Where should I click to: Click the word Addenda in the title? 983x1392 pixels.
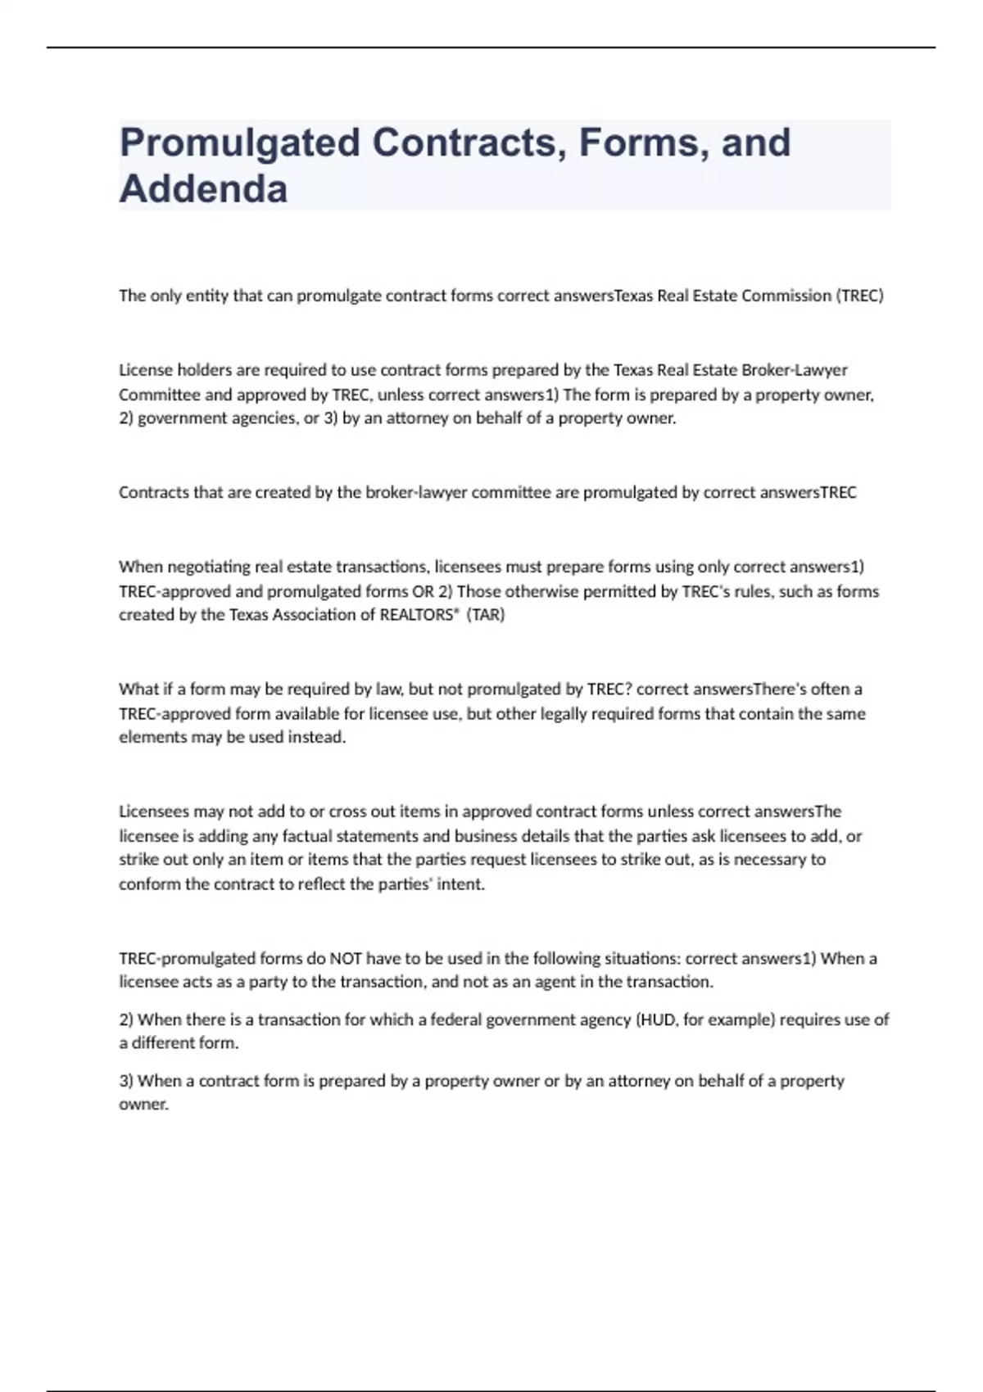pyautogui.click(x=203, y=189)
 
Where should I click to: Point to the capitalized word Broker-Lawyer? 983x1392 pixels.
pyautogui.click(x=794, y=370)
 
